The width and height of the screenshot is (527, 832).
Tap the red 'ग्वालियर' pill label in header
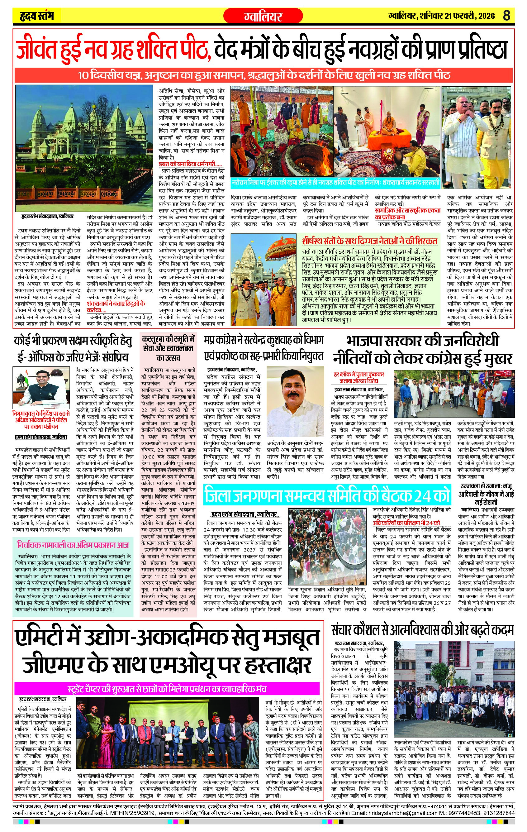pyautogui.click(x=263, y=16)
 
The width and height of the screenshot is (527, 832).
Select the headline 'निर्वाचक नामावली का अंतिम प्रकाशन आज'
pyautogui.click(x=73, y=545)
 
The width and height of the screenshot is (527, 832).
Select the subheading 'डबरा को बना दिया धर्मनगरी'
pyautogui.click(x=190, y=164)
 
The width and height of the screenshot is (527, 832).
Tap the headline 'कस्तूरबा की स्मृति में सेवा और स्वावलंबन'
pyautogui.click(x=168, y=348)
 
